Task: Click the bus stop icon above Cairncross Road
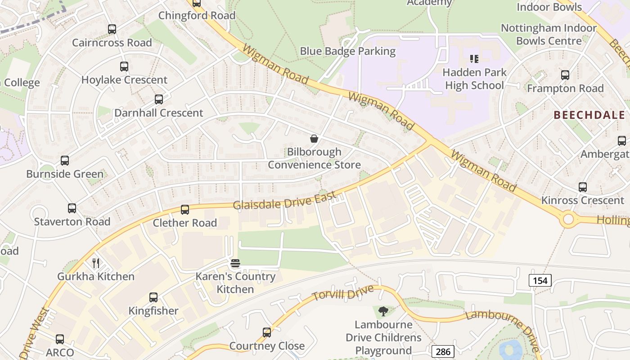[112, 29]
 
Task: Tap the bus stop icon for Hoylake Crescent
[124, 67]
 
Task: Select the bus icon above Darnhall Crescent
[159, 99]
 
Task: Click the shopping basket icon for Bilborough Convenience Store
[314, 139]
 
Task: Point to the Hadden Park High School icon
[474, 58]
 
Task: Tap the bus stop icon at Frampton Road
[565, 75]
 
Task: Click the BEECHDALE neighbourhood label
[589, 115]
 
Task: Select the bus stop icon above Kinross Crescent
[583, 187]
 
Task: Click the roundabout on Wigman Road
[568, 220]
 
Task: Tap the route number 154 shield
[540, 281]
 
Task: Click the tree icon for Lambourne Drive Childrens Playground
[383, 311]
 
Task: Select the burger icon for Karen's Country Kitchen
[235, 263]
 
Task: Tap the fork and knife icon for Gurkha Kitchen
[96, 263]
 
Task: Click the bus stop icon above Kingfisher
[153, 297]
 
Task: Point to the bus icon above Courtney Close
[267, 333]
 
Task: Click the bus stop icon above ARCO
[60, 339]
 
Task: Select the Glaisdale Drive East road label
[284, 200]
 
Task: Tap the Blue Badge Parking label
[348, 51]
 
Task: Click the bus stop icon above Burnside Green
[65, 161]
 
